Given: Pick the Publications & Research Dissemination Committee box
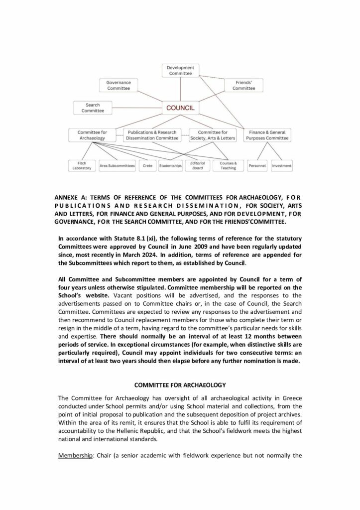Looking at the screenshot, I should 153,135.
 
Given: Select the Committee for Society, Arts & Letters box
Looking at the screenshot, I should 213,135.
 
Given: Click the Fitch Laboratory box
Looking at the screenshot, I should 82,165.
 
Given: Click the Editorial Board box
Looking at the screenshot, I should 198,165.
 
